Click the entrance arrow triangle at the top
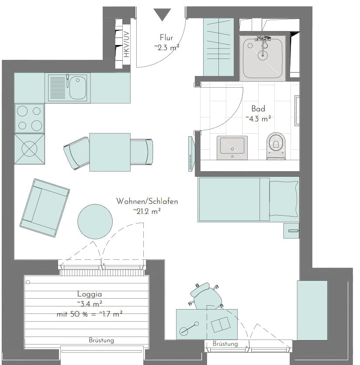pyautogui.click(x=163, y=14)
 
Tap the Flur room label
pyautogui.click(x=166, y=38)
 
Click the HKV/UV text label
pyautogui.click(x=126, y=45)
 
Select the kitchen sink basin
pyautogui.click(x=77, y=83)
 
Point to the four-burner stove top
pyautogui.click(x=29, y=118)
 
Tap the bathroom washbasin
pyautogui.click(x=232, y=146)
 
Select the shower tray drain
pyautogui.click(x=262, y=55)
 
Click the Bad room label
pyautogui.click(x=258, y=109)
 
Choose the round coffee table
pyautogui.click(x=95, y=221)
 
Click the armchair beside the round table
pyautogui.click(x=45, y=208)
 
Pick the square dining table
pyautogui.click(x=110, y=152)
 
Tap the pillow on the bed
pyautogui.click(x=284, y=199)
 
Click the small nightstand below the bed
pyautogui.click(x=291, y=230)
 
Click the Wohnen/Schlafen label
pyautogui.click(x=147, y=201)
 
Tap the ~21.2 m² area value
pyautogui.click(x=147, y=211)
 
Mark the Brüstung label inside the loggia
pyautogui.click(x=101, y=340)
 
